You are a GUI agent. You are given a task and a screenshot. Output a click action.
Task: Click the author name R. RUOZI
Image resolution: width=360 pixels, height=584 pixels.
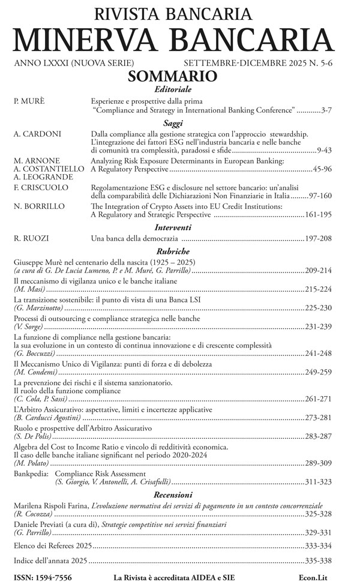point(32,239)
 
